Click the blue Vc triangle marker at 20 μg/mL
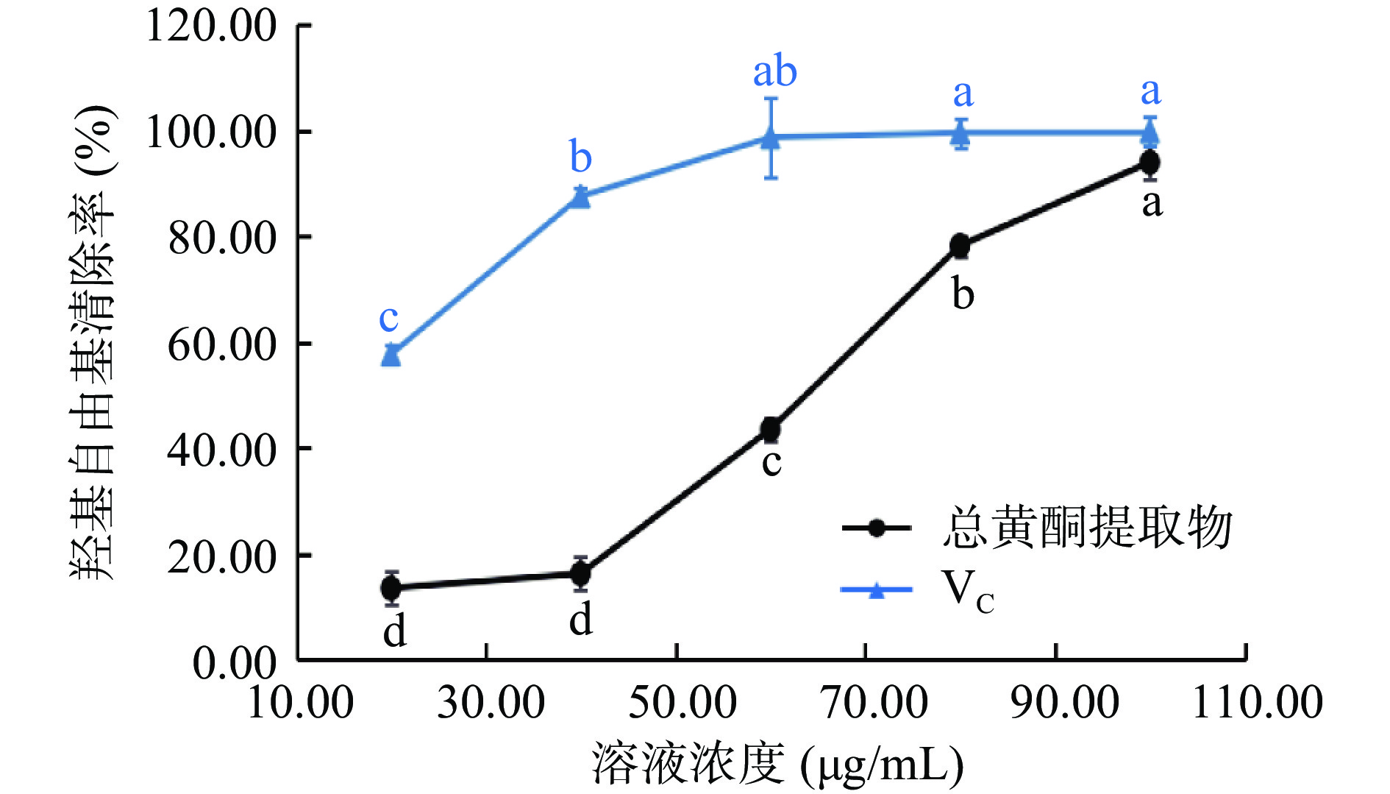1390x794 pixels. (x=391, y=355)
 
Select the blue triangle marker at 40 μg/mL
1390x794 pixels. (x=580, y=196)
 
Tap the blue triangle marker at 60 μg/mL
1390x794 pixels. (x=771, y=138)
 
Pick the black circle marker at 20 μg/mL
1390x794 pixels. (x=391, y=588)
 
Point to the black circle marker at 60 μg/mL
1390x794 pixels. (x=771, y=429)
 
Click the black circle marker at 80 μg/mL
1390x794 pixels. (x=960, y=246)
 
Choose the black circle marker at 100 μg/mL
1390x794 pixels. (x=1150, y=163)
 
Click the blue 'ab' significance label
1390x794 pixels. (x=774, y=71)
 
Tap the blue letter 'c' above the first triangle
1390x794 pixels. (x=388, y=319)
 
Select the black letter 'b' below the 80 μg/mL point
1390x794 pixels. (x=963, y=294)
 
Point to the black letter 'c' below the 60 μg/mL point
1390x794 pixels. (x=771, y=463)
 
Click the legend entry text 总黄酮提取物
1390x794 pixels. (x=1087, y=528)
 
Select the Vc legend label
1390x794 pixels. (x=968, y=591)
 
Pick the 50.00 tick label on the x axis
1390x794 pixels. (x=682, y=702)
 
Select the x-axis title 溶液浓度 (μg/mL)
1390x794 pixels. (x=777, y=765)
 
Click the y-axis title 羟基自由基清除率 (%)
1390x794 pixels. (x=93, y=342)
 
